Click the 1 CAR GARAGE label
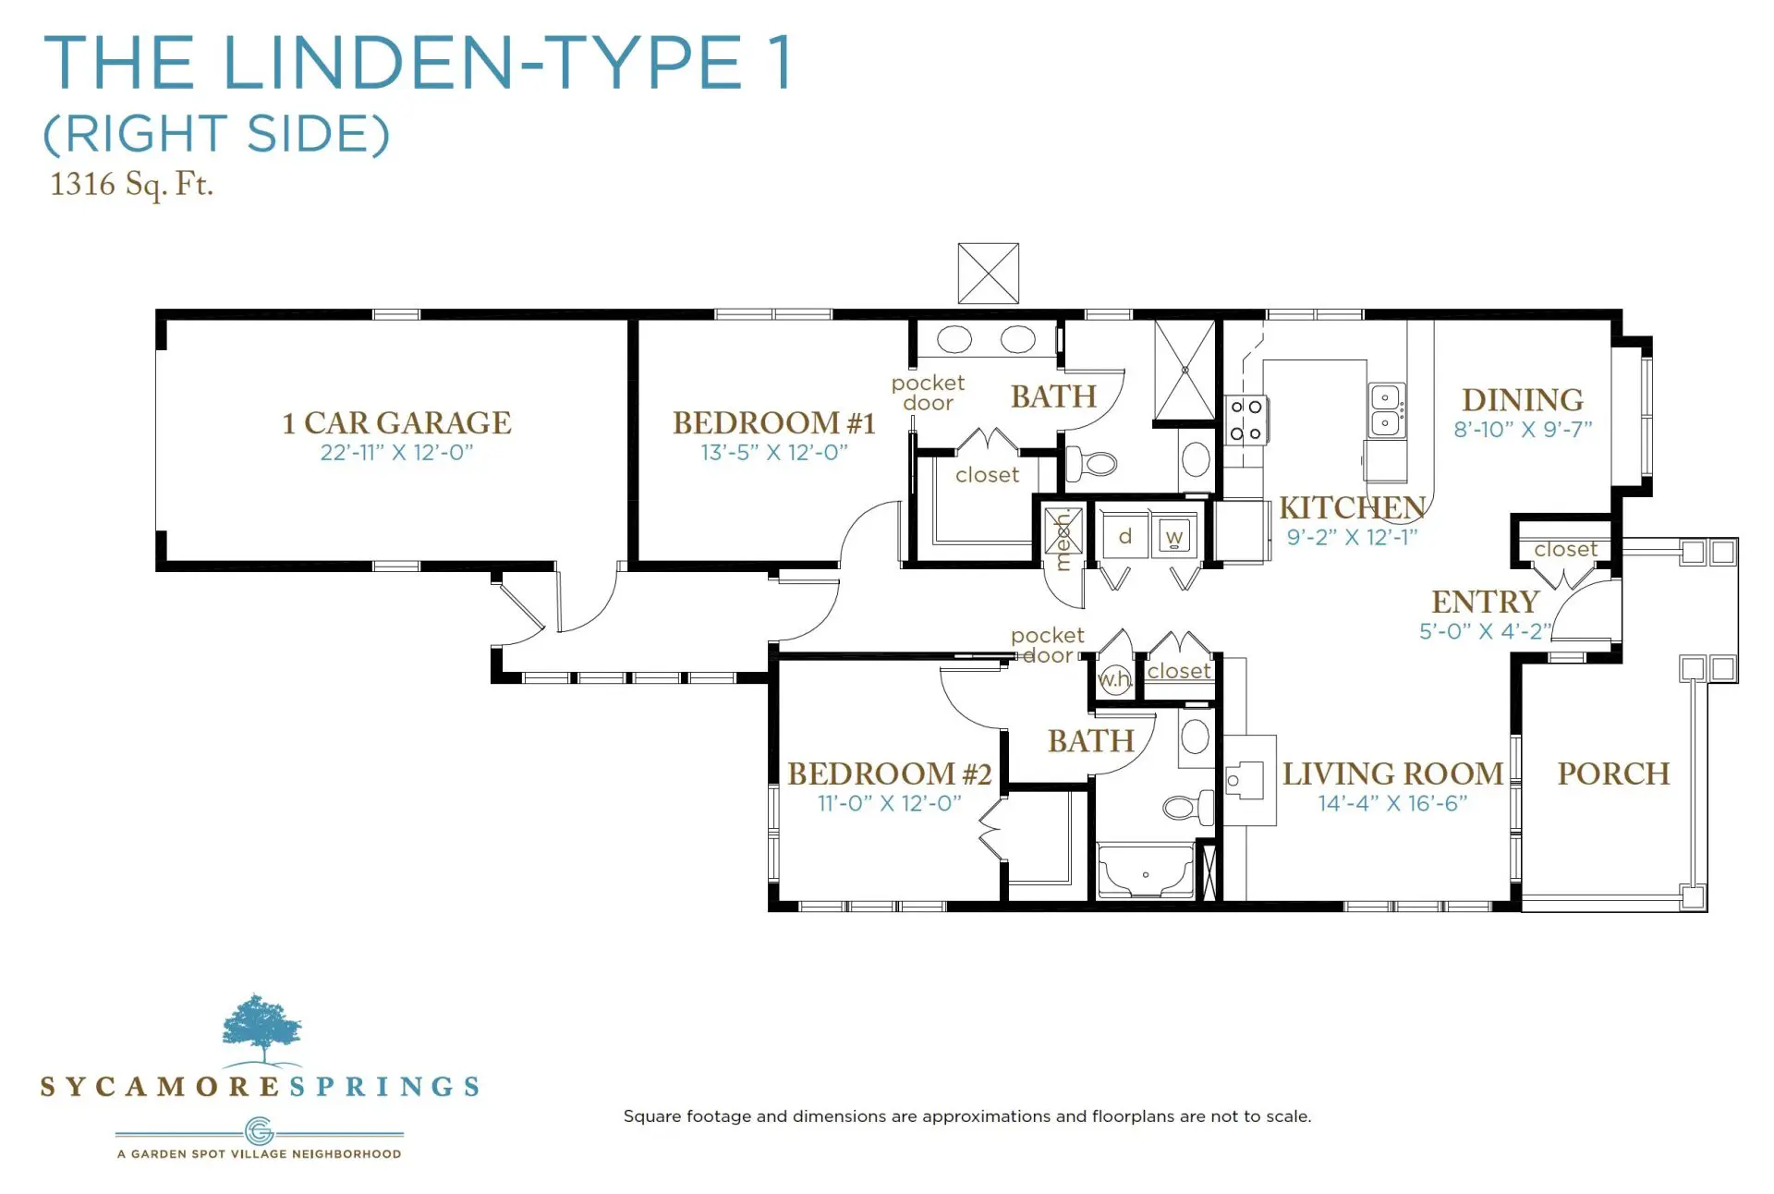point(396,423)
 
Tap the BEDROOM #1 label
point(774,423)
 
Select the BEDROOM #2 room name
point(889,774)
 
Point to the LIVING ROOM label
point(1392,774)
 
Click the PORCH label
point(1614,774)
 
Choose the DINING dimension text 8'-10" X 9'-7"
point(1523,429)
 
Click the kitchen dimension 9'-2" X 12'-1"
point(1352,537)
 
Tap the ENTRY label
point(1485,602)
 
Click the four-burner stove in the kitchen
point(1246,420)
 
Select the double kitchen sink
point(1386,410)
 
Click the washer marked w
point(1174,536)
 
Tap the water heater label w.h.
point(1114,678)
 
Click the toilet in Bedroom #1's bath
point(1092,462)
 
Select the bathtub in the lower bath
point(1145,870)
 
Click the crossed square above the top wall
point(988,274)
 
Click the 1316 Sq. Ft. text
point(131,184)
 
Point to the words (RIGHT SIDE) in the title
point(217,134)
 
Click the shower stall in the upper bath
point(1185,371)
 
